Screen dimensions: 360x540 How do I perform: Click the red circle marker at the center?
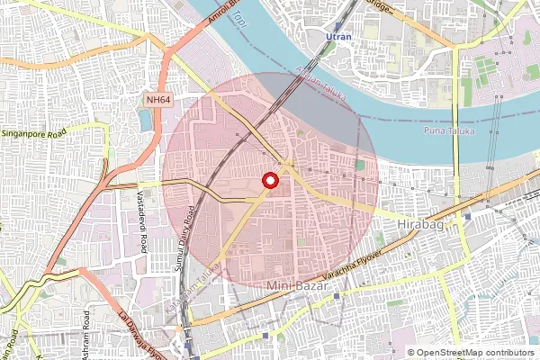click(x=269, y=180)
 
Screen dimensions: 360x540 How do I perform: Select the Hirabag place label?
click(x=421, y=224)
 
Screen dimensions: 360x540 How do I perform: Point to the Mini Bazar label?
click(x=301, y=285)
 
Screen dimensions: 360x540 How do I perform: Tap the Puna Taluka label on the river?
click(x=448, y=132)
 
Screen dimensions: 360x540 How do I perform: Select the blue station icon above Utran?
click(x=337, y=27)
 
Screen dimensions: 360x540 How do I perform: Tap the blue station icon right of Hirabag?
click(x=467, y=216)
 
